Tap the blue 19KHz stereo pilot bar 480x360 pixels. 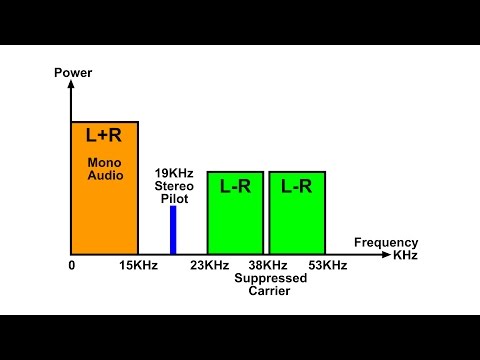173,229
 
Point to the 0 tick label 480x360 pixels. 72,265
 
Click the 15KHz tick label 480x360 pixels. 138,265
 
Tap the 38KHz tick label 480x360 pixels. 267,265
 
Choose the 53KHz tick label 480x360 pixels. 327,265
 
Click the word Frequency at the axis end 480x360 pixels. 386,243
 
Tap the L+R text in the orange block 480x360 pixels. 104,135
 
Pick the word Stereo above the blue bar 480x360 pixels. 174,185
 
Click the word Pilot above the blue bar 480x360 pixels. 174,198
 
